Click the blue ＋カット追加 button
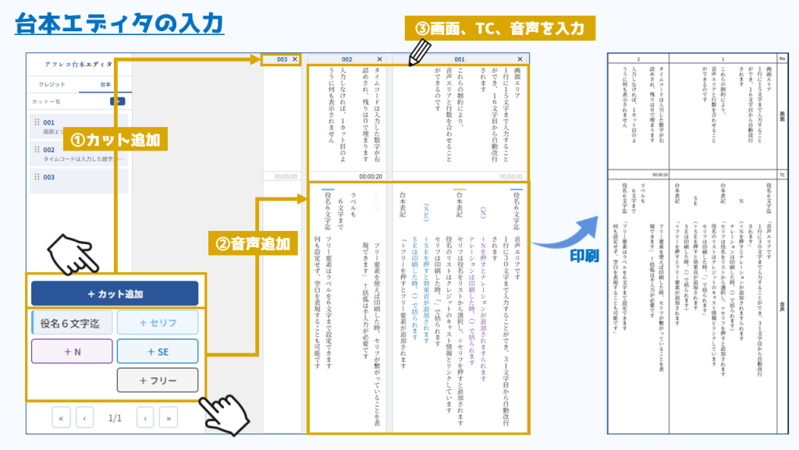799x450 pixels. [x=115, y=294]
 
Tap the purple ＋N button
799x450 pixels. [x=72, y=351]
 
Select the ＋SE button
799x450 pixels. [x=158, y=351]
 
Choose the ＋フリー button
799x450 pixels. [x=158, y=381]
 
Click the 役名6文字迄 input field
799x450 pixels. [x=72, y=322]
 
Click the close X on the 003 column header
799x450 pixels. [x=295, y=59]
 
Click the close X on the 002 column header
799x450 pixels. [x=379, y=59]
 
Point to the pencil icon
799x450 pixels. [x=419, y=51]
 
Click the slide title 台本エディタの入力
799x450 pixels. [x=119, y=21]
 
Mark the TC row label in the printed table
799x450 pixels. [x=782, y=175]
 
